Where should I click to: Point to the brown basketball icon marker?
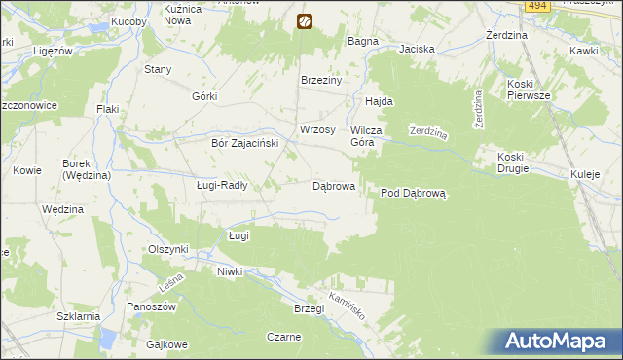pyautogui.click(x=305, y=19)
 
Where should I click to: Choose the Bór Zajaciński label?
pyautogui.click(x=245, y=142)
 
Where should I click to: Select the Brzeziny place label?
pyautogui.click(x=321, y=81)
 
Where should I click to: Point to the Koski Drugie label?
pyautogui.click(x=512, y=162)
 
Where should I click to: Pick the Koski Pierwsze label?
pyautogui.click(x=529, y=90)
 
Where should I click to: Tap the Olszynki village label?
pyautogui.click(x=167, y=249)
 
